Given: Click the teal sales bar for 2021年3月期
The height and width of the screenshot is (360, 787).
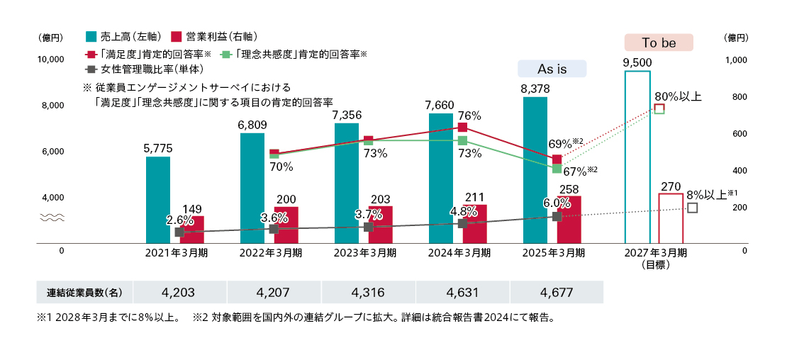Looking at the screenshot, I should coord(157,200).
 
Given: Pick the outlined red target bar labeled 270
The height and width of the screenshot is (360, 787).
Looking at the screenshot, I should coord(671,218).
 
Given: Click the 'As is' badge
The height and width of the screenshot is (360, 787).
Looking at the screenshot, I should coord(552,68).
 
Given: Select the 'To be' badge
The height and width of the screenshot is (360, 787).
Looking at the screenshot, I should coord(659,43).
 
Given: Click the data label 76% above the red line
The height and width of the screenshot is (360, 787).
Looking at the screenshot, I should coord(470,116).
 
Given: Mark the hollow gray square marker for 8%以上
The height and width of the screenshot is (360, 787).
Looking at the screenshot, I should coord(693,208).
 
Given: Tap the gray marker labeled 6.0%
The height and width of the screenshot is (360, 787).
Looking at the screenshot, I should coord(557,216).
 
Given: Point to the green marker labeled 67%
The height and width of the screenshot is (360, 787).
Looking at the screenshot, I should coord(557,169).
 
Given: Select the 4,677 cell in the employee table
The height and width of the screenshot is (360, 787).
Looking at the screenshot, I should coord(556,292).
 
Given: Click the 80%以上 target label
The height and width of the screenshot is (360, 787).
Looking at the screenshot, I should coord(678,96).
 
